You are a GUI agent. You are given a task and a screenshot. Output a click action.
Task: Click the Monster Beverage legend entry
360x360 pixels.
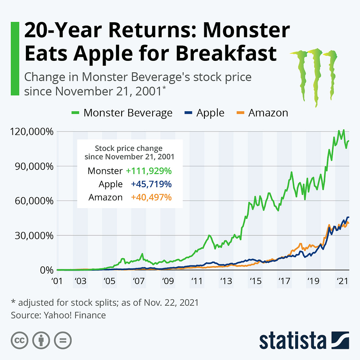122,113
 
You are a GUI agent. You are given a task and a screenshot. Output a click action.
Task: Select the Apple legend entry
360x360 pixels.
205,113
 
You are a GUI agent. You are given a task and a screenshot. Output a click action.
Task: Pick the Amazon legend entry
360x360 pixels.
262,113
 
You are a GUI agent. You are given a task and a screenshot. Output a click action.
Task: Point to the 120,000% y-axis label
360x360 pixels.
32,132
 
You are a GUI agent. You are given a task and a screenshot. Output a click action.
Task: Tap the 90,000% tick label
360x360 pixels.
34,166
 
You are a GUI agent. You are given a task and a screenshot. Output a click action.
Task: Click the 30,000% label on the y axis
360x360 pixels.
34,236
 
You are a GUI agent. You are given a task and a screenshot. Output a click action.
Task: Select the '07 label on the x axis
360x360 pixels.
139,281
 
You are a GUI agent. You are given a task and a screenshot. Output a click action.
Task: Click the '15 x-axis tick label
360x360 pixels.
255,281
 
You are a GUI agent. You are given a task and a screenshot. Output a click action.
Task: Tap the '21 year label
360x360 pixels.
342,281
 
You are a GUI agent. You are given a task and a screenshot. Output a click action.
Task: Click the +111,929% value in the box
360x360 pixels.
149,171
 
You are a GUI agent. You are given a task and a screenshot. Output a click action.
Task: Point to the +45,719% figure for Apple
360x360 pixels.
151,184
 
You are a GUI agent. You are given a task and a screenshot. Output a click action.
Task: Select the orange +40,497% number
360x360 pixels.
151,197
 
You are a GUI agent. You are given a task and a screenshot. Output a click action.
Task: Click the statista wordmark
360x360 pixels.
293,341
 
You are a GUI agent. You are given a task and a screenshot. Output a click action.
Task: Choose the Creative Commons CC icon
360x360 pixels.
20,341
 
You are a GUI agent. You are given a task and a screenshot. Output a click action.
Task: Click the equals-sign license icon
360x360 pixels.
63,341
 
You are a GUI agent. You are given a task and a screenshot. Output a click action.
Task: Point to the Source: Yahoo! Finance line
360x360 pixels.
58,315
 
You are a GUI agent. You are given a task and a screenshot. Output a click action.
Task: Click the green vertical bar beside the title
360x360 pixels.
15,59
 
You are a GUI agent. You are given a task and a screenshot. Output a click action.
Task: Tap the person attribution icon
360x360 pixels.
41,341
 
